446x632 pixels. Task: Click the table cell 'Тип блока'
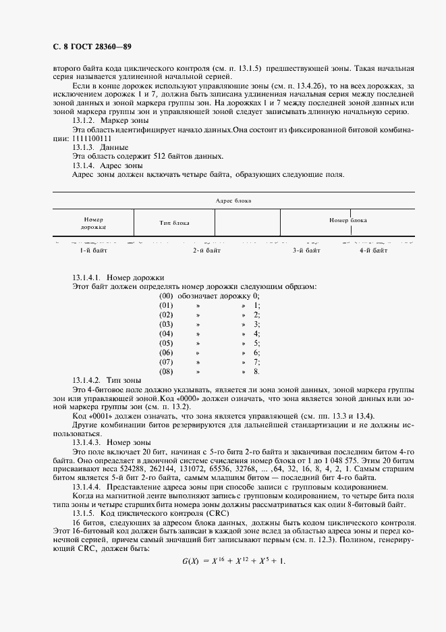tap(174, 222)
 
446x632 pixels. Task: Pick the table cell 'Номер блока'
tap(347, 220)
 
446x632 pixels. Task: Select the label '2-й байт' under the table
tap(206, 250)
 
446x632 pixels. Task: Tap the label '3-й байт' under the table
tap(306, 250)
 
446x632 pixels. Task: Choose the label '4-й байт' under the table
tap(373, 250)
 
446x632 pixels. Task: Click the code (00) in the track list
tap(166, 296)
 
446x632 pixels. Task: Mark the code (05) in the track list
tap(166, 343)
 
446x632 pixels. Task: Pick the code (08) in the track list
tap(166, 371)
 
